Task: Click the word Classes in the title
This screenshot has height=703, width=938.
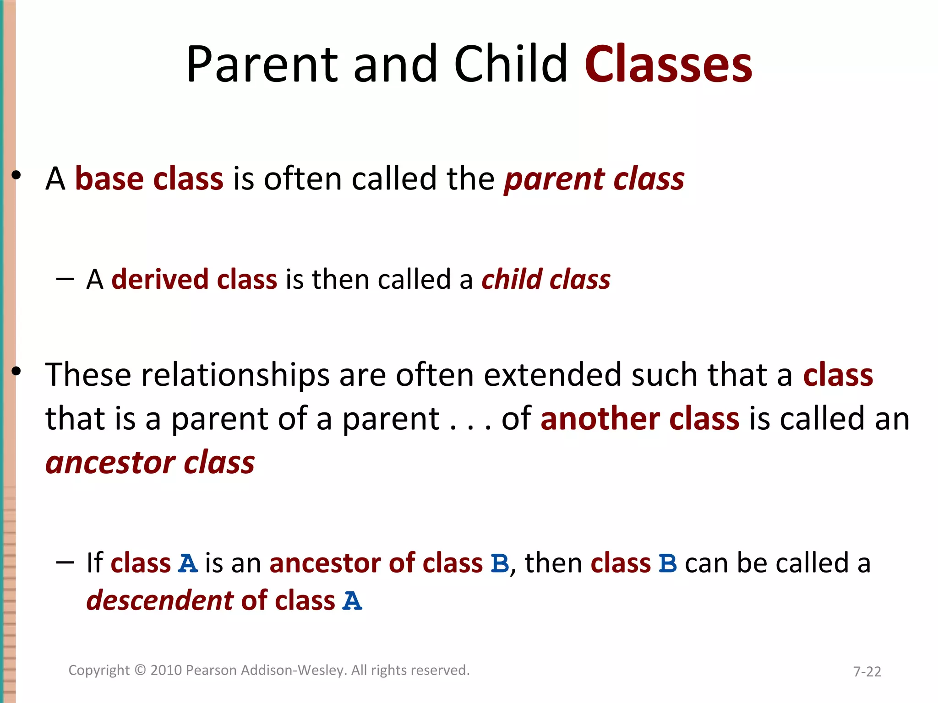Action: [x=668, y=65]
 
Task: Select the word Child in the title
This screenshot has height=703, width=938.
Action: [x=510, y=65]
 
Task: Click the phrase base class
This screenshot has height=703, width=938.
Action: [x=149, y=178]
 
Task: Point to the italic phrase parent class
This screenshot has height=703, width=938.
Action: [x=594, y=179]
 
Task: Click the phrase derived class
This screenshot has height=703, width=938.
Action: [x=194, y=279]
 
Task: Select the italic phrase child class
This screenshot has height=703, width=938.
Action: [x=545, y=279]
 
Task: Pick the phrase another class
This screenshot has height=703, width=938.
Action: [x=639, y=419]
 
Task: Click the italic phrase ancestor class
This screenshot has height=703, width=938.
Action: [x=150, y=462]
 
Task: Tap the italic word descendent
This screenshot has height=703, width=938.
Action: [x=160, y=600]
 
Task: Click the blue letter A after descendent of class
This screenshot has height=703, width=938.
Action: [x=352, y=601]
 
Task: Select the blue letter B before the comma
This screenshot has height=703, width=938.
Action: [x=500, y=563]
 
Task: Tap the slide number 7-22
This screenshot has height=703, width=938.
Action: [x=867, y=671]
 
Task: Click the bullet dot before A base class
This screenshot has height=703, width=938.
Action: [x=16, y=175]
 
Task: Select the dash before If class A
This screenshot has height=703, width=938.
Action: [x=65, y=562]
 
